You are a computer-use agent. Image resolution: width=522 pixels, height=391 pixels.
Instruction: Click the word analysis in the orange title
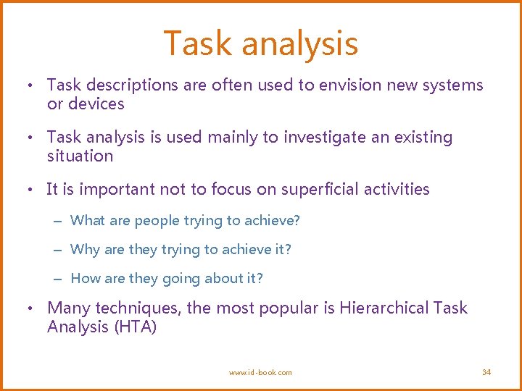pos(299,43)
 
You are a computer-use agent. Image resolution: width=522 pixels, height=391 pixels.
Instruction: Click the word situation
pos(80,156)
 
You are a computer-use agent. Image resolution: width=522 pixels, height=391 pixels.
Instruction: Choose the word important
pos(117,190)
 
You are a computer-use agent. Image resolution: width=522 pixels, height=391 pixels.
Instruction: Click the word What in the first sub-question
pos(88,220)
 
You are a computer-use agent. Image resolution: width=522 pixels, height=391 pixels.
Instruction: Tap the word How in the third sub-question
pos(86,278)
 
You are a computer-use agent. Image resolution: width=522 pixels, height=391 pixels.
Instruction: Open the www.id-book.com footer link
pos(260,372)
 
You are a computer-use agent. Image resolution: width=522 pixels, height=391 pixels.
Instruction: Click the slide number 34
pos(486,372)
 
